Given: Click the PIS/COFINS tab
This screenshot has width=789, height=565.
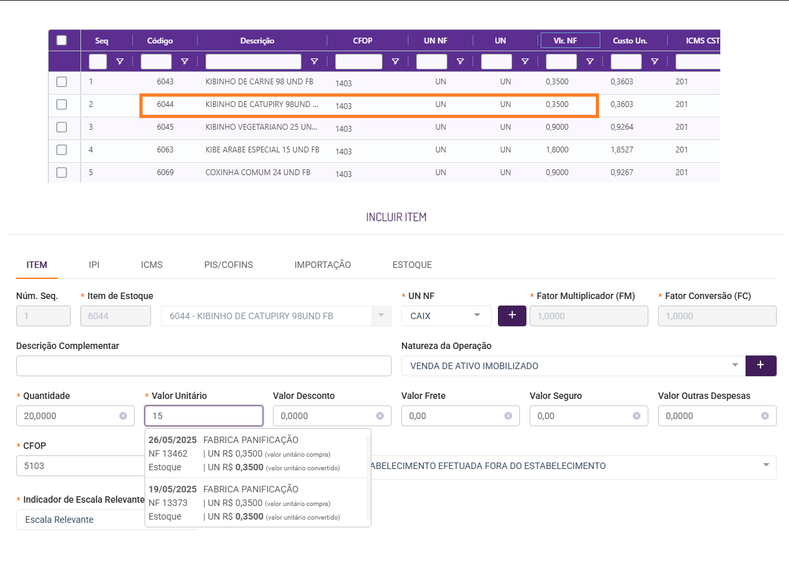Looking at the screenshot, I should coord(228,265).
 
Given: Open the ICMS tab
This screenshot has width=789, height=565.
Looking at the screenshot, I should coord(152,265).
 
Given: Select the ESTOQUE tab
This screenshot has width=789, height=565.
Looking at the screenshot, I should coord(412,265).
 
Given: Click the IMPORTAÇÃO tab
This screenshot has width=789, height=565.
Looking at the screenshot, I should coord(322,265).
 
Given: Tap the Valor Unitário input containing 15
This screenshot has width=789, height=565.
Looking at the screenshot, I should coord(204,416).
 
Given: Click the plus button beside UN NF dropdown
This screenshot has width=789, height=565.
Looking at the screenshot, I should coord(512,315).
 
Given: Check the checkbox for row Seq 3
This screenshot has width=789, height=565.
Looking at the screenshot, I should coord(62,127).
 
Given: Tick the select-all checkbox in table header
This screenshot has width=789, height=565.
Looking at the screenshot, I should coord(62,40).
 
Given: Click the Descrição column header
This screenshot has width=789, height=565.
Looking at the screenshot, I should coord(257,41).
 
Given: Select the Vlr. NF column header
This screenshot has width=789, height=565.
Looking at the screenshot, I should coord(570,41).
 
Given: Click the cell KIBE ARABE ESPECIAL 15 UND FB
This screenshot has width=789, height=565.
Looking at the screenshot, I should coord(262,150).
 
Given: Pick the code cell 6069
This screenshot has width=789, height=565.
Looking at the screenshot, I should coord(165,173).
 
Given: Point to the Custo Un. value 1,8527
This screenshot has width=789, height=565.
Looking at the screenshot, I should coord(621,150).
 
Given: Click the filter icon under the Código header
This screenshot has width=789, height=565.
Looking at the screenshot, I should coord(185,62).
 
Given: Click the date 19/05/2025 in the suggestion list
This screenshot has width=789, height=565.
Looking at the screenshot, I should coord(172,489).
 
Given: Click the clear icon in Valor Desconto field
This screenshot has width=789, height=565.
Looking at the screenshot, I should coord(380,416).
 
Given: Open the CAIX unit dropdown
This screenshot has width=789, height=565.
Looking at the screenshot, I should coord(446,316).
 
